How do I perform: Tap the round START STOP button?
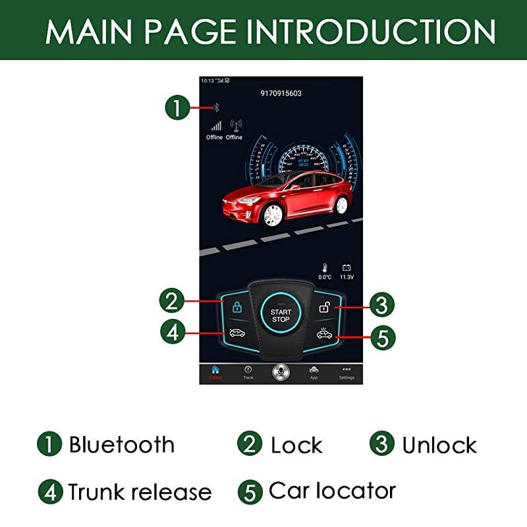281,316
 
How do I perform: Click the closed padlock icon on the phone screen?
236,307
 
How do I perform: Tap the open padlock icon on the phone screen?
324,307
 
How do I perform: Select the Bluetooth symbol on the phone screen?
215,107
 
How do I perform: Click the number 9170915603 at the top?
281,94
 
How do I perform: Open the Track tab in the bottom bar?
248,372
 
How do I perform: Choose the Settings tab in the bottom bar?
347,372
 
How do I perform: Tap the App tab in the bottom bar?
314,372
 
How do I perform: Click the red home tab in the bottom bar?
215,372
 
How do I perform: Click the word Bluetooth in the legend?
121,445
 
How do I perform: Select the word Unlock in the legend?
439,445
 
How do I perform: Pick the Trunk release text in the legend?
140,491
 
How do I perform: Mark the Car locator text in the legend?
332,491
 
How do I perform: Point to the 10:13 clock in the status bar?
207,80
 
